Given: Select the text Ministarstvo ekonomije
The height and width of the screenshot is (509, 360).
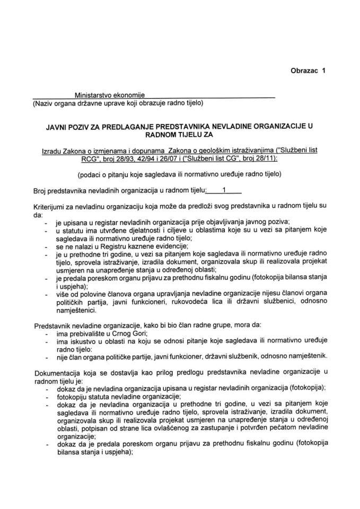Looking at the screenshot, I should [x=109, y=93].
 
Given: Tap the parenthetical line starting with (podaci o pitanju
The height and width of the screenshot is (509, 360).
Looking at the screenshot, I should [x=177, y=174].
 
